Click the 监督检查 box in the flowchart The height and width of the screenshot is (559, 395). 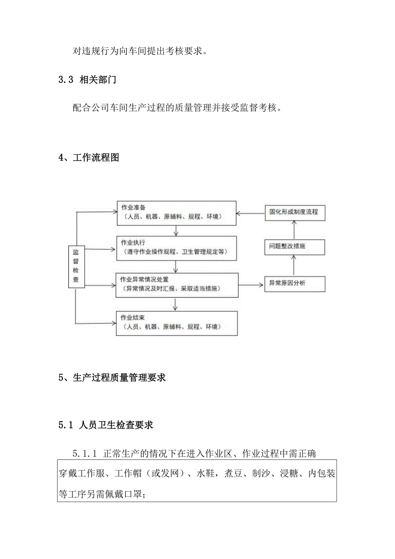click(76, 266)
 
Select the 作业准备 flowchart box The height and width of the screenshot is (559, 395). click(176, 212)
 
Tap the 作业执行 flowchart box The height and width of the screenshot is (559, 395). click(176, 247)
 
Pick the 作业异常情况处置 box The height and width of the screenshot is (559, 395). click(176, 284)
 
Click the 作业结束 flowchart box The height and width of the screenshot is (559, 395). click(176, 323)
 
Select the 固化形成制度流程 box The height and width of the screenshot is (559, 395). click(294, 212)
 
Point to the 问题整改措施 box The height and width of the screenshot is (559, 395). click(294, 247)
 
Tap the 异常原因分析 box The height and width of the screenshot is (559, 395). click(294, 284)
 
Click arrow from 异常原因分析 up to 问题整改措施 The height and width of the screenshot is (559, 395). click(294, 265)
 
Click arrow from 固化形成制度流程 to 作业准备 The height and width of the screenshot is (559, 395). click(251, 212)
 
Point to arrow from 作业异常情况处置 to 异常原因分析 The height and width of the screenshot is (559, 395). click(251, 284)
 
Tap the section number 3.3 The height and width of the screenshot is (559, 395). click(66, 80)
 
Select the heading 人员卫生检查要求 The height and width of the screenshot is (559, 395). click(116, 425)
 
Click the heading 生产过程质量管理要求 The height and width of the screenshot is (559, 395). click(119, 378)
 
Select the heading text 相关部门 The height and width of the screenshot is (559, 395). click(97, 80)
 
